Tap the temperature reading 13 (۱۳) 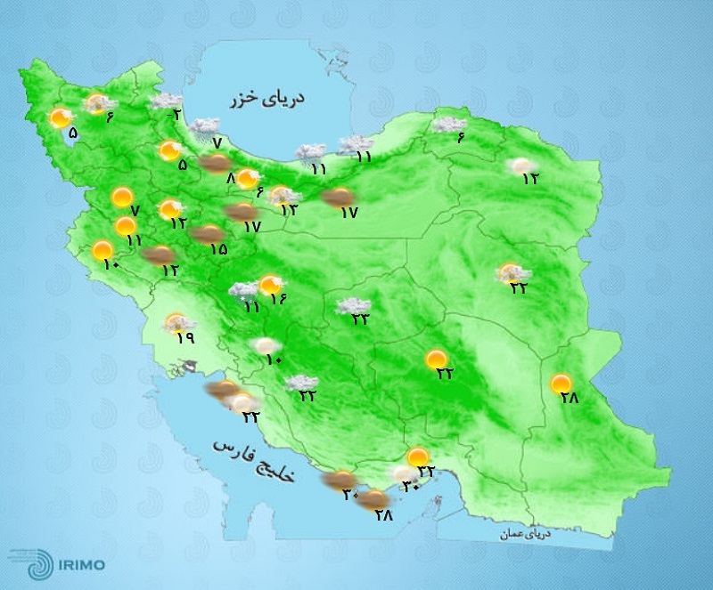[x=289, y=210]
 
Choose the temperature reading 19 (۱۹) [x=185, y=337]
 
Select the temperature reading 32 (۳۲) [x=427, y=470]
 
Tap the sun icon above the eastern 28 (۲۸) [x=561, y=384]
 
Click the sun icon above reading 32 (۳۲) [x=416, y=457]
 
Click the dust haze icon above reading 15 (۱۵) [x=209, y=234]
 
